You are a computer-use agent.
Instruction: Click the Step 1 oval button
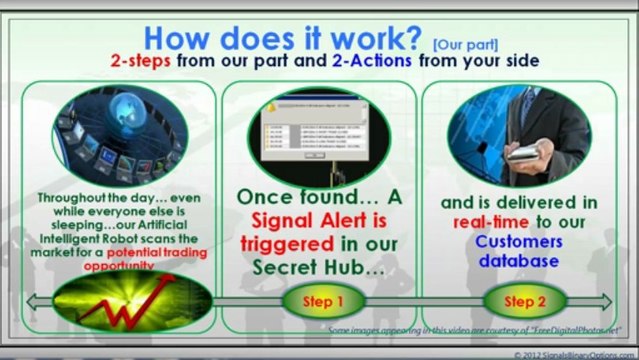click(x=319, y=300)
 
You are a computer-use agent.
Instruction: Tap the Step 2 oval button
click(x=519, y=300)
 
